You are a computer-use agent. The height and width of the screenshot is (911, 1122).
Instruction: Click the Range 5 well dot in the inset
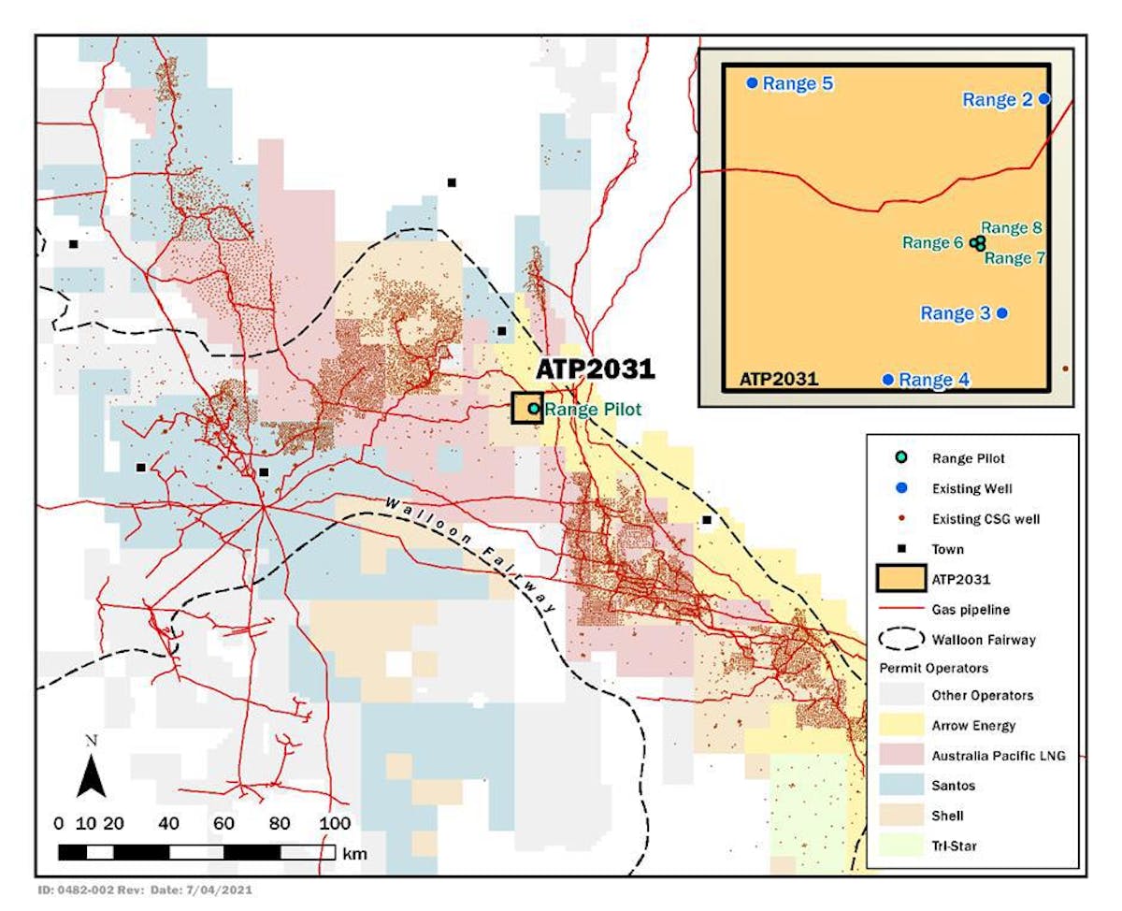[752, 83]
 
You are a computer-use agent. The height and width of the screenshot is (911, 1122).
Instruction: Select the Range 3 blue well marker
[1002, 313]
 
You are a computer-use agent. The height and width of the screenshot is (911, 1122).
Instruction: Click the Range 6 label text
[932, 243]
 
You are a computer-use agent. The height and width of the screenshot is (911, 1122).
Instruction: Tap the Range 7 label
[1014, 259]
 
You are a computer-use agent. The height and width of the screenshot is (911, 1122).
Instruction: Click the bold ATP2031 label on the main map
[595, 369]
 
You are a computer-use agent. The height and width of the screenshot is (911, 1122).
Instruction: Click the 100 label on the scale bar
[334, 823]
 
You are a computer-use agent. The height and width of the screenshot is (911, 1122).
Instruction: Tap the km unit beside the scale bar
[355, 853]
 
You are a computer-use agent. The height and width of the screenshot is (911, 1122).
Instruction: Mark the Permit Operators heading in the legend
[934, 668]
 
